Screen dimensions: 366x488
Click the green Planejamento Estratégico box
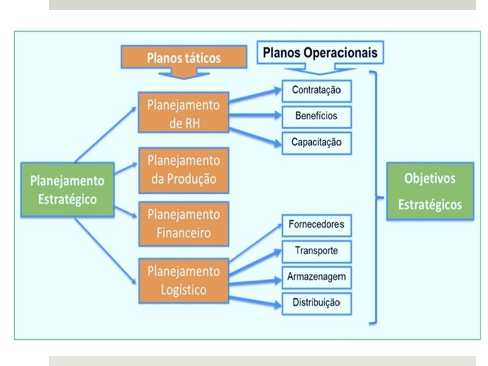66,190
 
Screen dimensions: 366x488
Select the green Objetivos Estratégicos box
429,191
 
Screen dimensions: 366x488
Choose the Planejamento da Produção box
184,169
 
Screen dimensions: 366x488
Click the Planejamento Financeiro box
184,224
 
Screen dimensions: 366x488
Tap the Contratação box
317,91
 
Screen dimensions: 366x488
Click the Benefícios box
317,117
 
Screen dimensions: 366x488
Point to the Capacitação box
317,142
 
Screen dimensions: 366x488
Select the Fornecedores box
317,224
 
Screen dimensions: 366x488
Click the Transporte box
317,251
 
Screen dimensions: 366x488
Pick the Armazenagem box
317,277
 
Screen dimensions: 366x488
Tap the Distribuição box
317,302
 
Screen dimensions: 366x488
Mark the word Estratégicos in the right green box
430,204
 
